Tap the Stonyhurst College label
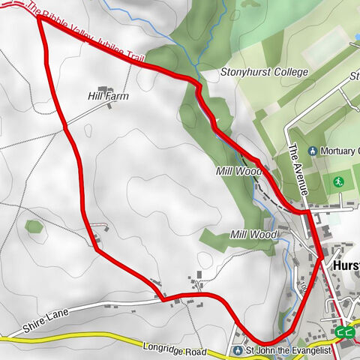click(x=264, y=73)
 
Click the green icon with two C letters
click(x=345, y=332)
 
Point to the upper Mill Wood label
click(x=238, y=171)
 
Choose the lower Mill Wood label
click(x=253, y=235)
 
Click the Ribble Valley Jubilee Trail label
click(x=86, y=34)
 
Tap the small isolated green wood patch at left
click(x=33, y=226)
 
